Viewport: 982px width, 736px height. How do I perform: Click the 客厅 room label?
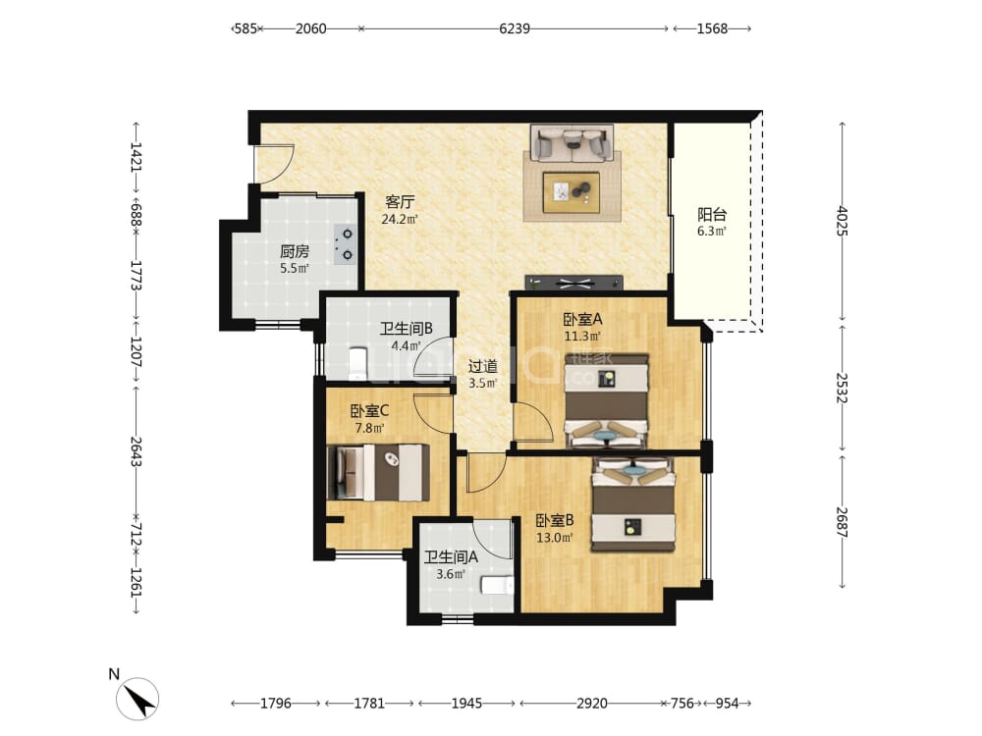point(400,202)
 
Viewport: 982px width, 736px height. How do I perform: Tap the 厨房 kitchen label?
point(295,251)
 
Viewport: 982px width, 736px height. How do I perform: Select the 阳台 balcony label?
point(712,215)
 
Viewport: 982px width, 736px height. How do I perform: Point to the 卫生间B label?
point(407,329)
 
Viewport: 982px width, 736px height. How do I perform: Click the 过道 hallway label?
point(483,366)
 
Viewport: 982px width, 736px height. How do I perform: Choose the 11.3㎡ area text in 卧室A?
point(582,337)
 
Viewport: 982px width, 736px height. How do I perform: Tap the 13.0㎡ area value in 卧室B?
point(555,538)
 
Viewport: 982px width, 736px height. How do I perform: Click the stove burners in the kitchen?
point(345,244)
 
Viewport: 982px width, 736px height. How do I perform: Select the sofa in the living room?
point(572,143)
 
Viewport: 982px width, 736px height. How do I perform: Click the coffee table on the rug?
point(572,192)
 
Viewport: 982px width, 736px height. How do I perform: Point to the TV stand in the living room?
point(574,283)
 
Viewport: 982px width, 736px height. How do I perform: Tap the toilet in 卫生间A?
point(497,585)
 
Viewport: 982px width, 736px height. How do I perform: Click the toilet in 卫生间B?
point(357,363)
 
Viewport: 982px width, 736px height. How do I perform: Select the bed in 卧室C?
point(378,473)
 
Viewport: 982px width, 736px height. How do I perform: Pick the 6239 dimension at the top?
point(515,28)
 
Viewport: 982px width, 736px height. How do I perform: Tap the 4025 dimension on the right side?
point(842,221)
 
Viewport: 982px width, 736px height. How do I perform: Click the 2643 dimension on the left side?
point(136,451)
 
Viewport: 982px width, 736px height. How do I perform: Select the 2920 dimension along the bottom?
point(592,704)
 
